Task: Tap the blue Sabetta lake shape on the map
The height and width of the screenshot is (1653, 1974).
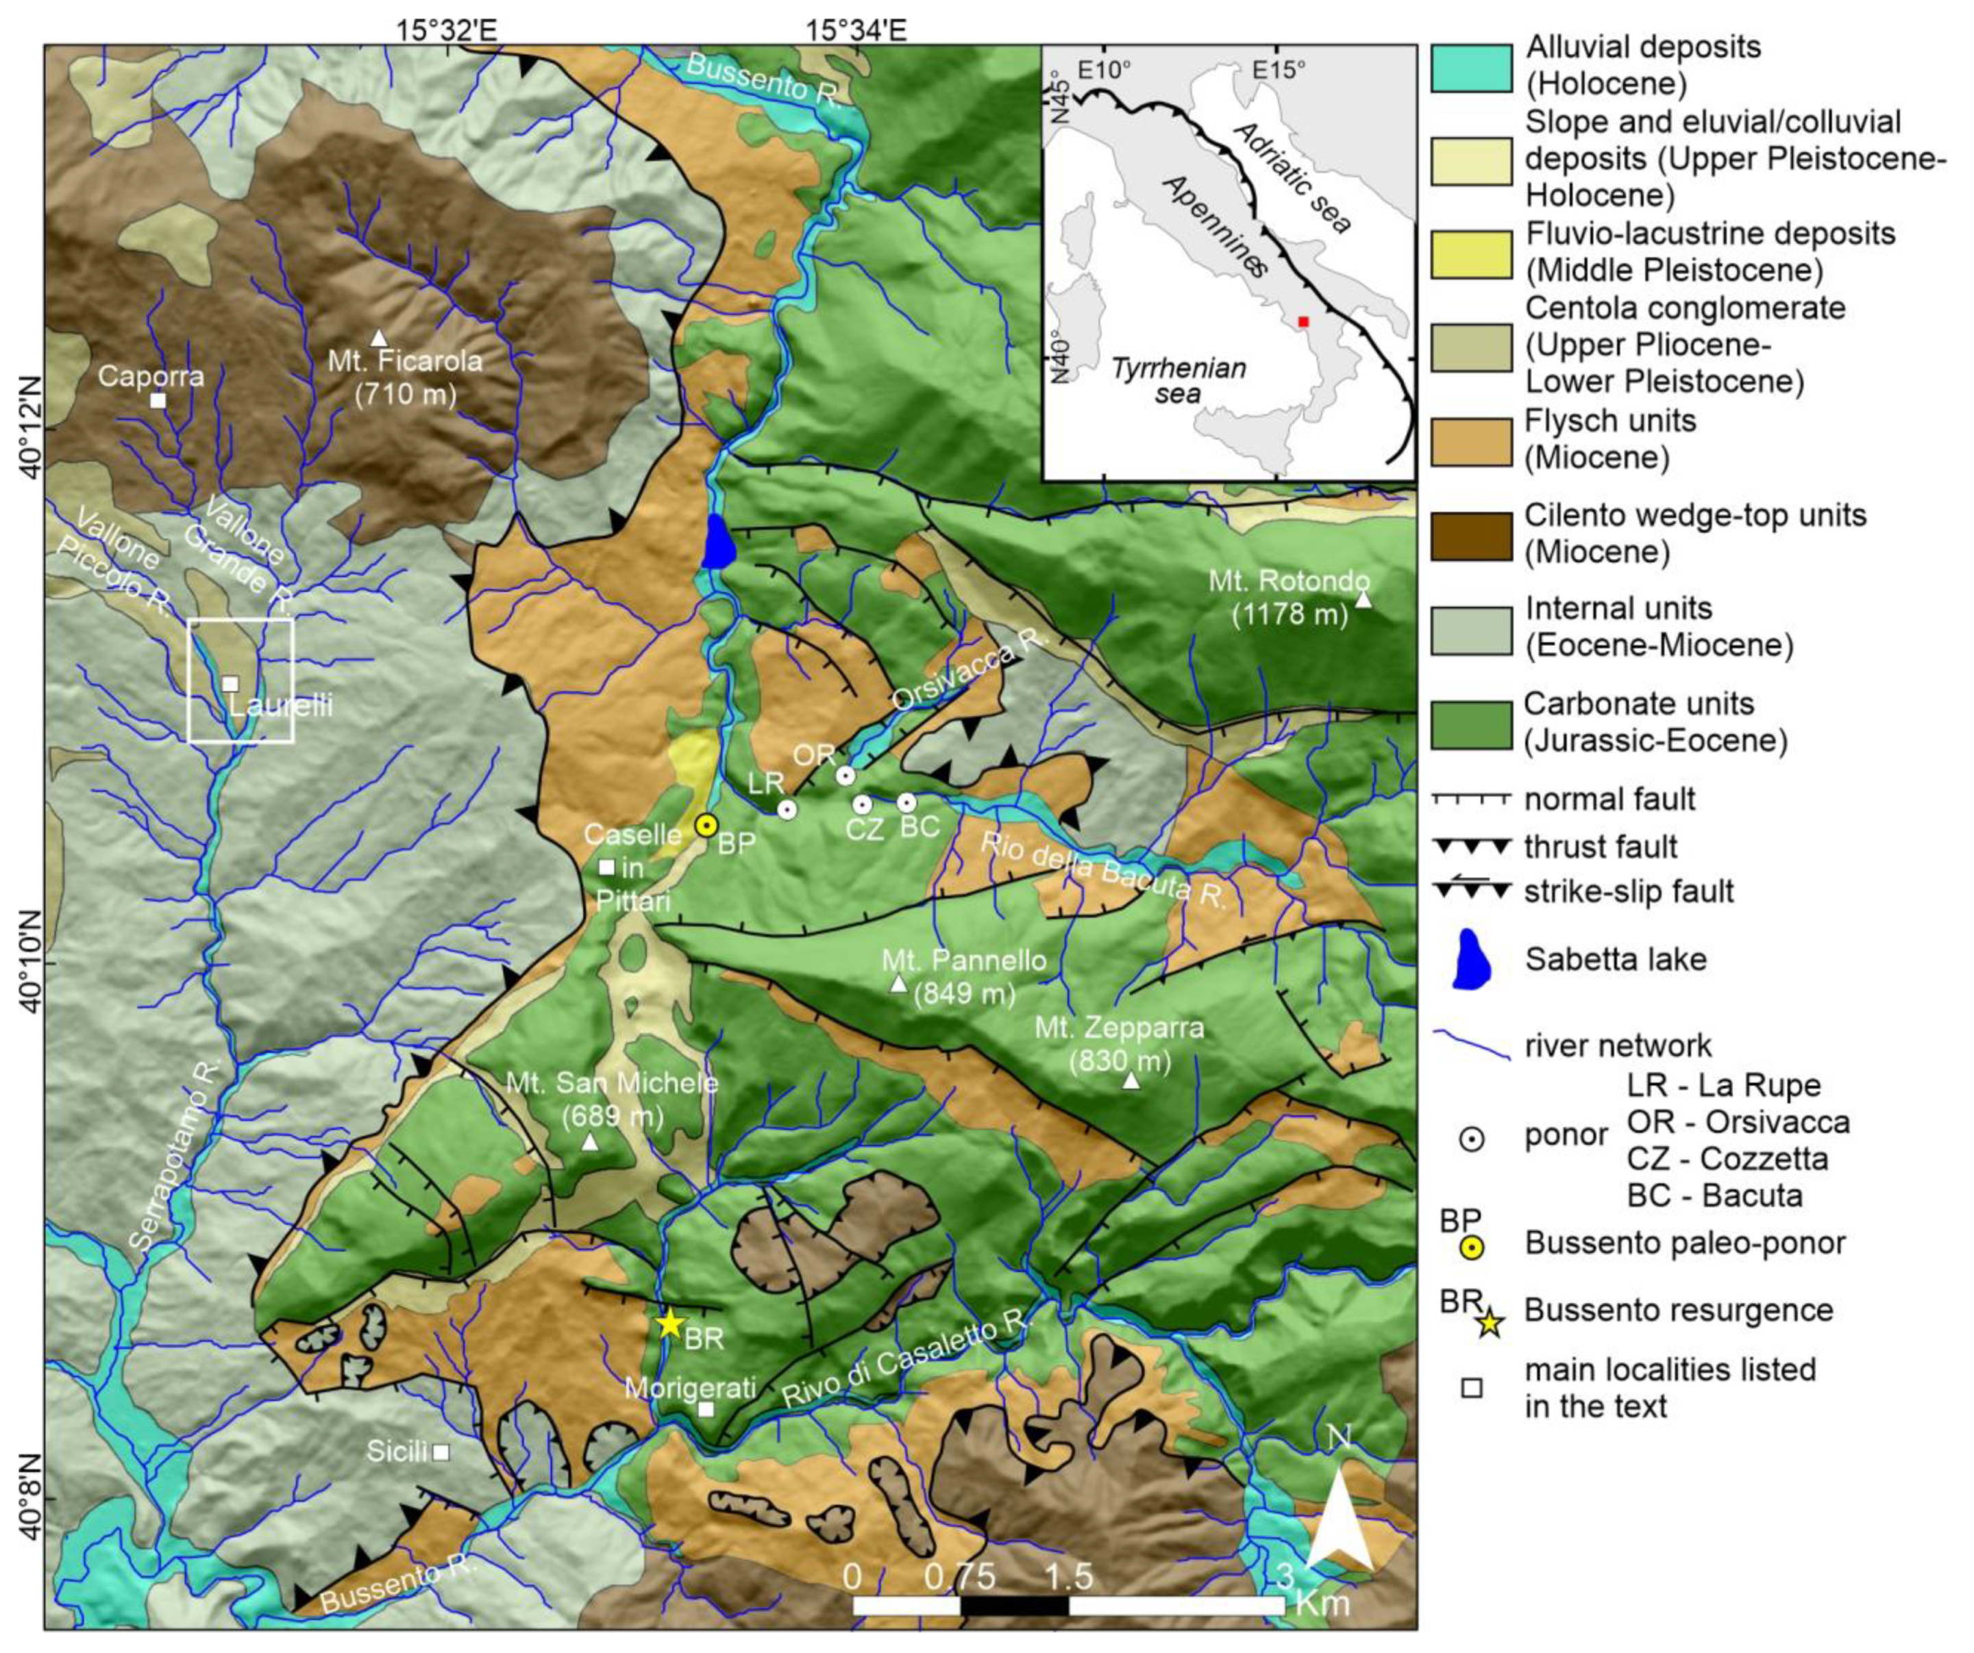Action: click(x=718, y=543)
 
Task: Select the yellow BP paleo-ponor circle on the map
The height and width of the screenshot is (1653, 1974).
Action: click(x=707, y=825)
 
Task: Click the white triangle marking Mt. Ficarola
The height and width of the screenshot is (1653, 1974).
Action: click(x=379, y=337)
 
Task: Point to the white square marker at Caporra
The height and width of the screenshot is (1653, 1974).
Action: click(x=158, y=400)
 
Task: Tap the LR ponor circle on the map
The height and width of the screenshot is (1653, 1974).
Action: click(x=787, y=809)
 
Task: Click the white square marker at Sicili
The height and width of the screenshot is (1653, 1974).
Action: click(x=440, y=1452)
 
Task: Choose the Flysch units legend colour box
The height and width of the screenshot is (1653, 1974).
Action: click(x=1471, y=440)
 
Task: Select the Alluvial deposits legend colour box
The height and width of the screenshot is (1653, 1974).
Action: click(x=1471, y=66)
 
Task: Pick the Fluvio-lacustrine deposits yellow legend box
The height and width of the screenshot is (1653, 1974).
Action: click(x=1471, y=253)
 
